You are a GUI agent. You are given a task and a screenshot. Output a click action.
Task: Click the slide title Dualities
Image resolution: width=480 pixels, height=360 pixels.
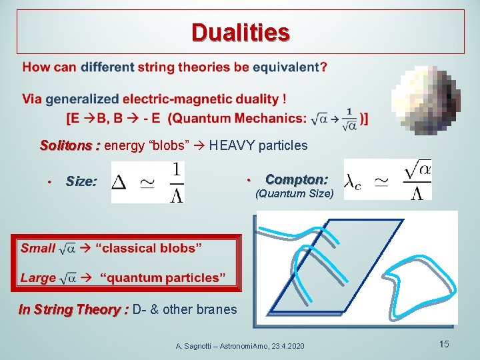(240, 32)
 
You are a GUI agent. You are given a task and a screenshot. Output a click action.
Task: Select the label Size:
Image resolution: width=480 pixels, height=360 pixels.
(81, 181)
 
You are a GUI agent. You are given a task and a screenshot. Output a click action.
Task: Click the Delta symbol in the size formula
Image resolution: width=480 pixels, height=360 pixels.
(119, 182)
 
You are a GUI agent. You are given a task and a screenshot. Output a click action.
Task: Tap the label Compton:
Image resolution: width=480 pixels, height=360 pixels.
(296, 179)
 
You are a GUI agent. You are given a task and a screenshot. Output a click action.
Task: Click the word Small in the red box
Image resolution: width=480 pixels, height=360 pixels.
(37, 248)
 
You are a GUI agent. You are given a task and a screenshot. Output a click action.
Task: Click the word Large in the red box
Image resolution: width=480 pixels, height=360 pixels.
(38, 277)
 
